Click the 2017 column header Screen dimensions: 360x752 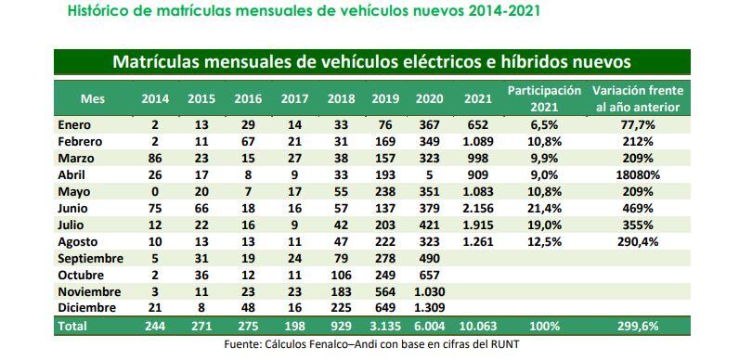293,98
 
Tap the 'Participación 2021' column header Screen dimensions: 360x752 544,98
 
